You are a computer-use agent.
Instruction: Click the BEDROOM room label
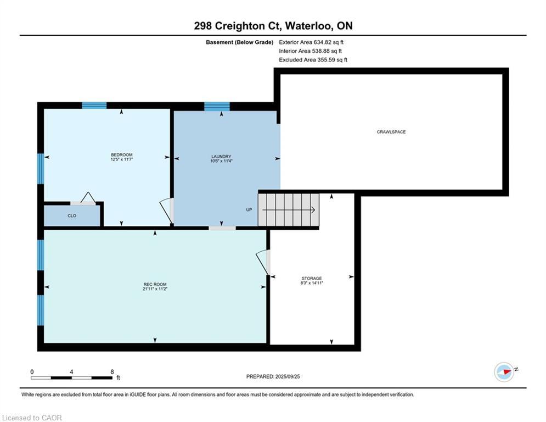[122, 155]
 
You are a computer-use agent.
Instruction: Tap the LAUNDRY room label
[221, 157]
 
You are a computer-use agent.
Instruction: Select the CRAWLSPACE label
[391, 132]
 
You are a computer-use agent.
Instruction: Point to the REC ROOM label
[155, 284]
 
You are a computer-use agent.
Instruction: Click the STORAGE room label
[312, 278]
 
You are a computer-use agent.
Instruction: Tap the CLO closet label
[72, 216]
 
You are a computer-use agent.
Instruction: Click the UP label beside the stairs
[249, 209]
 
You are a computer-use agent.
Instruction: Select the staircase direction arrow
[289, 210]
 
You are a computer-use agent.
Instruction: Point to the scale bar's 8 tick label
[112, 372]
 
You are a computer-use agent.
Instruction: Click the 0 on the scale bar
[32, 372]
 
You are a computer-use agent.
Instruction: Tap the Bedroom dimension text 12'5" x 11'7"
[122, 159]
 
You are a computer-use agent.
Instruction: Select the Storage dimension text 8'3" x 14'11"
[312, 283]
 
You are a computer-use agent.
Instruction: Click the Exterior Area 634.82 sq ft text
[311, 42]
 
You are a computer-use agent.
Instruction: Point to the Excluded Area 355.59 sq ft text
[313, 60]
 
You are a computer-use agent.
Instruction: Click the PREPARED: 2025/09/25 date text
[273, 376]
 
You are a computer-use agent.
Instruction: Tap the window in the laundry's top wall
[217, 107]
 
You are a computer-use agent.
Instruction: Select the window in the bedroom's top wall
[94, 105]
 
